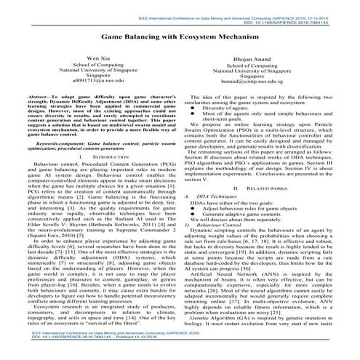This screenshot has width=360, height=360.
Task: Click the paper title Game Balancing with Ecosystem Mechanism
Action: (x=180, y=34)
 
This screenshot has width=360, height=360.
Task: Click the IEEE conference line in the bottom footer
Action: (x=116, y=348)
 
